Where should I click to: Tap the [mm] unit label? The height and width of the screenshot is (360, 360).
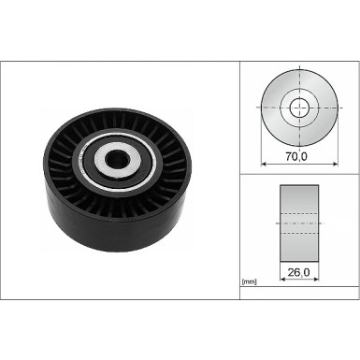tap(250, 281)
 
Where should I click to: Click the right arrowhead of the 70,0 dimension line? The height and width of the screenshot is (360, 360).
tap(334, 166)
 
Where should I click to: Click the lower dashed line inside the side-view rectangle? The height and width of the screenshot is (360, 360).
tap(298, 232)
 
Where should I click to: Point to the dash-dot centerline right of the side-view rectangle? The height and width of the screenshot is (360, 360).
tap(324, 224)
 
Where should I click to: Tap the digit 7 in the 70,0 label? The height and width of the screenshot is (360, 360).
tap(290, 158)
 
